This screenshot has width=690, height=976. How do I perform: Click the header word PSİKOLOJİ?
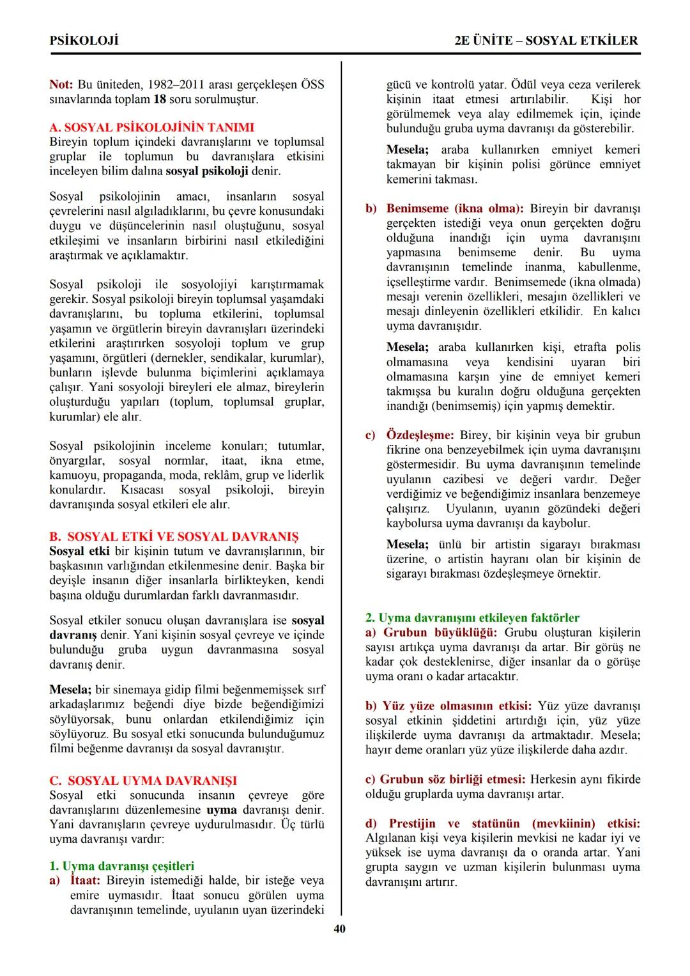pyautogui.click(x=84, y=40)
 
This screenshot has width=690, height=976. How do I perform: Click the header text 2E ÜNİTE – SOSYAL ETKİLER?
pyautogui.click(x=546, y=40)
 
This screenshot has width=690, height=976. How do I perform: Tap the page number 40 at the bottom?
pyautogui.click(x=340, y=929)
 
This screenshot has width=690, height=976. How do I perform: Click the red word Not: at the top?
pyautogui.click(x=61, y=84)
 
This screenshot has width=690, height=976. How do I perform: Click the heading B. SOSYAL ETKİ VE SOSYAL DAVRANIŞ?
pyautogui.click(x=174, y=536)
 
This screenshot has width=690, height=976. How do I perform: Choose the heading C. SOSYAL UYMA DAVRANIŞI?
pyautogui.click(x=143, y=780)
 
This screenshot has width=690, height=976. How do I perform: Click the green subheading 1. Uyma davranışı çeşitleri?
pyautogui.click(x=121, y=866)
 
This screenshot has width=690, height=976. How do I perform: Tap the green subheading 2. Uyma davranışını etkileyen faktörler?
pyautogui.click(x=472, y=617)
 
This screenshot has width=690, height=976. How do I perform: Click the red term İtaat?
pyautogui.click(x=86, y=881)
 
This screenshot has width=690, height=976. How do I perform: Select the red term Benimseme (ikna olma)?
pyautogui.click(x=454, y=208)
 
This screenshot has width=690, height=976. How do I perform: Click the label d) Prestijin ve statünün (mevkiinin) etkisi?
pyautogui.click(x=503, y=823)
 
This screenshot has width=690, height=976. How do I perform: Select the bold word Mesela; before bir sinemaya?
pyautogui.click(x=70, y=690)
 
